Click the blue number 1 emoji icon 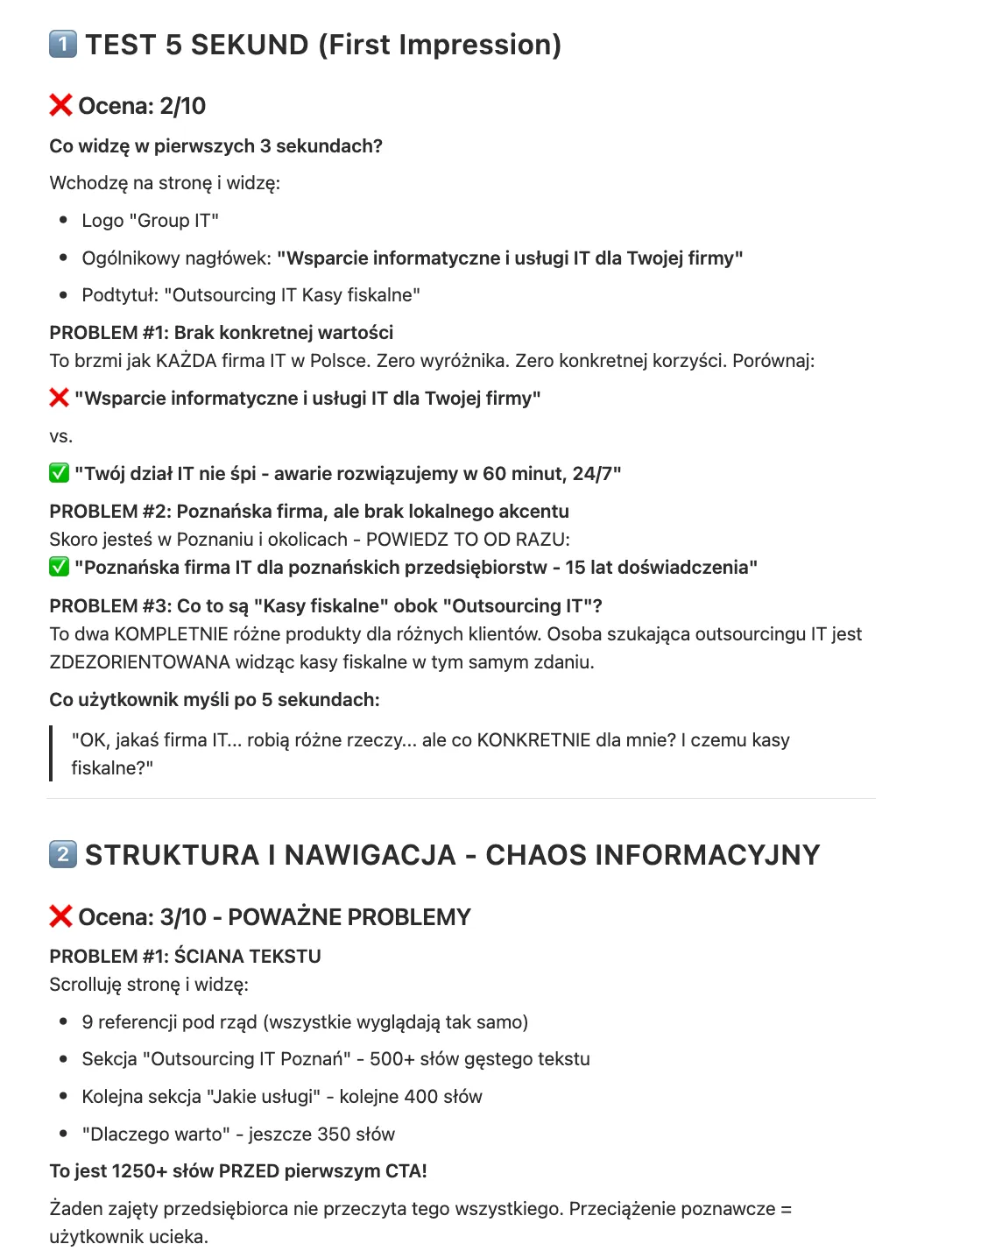[x=63, y=44]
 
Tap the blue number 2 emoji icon [x=63, y=854]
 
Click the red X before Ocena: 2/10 [x=60, y=105]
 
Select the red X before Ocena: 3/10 [x=60, y=916]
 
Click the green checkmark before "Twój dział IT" [x=59, y=473]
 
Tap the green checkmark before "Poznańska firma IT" [x=59, y=567]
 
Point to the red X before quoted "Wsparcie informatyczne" [x=59, y=398]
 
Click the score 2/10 [x=182, y=106]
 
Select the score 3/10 [x=183, y=917]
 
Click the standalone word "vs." [x=60, y=436]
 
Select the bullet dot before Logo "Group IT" [x=63, y=220]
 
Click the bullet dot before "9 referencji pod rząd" [x=63, y=1021]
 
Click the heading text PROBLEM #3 [x=109, y=606]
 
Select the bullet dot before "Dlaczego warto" [x=63, y=1134]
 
